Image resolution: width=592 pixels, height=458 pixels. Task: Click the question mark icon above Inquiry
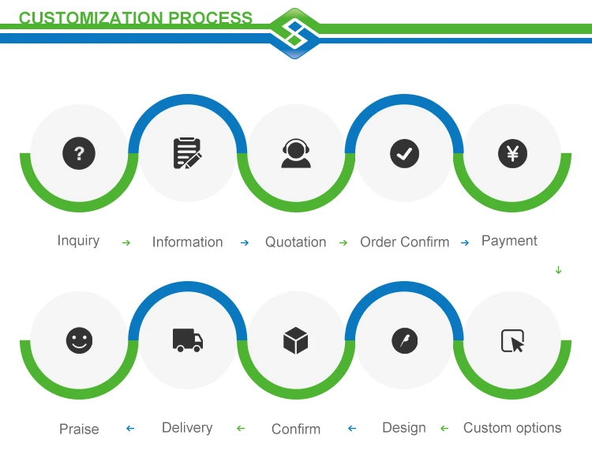click(79, 153)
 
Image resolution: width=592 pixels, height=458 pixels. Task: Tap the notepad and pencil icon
click(187, 153)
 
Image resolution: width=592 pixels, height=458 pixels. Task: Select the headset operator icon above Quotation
click(296, 153)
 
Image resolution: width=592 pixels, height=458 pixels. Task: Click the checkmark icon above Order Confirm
click(404, 153)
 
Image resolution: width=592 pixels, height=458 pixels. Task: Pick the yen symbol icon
click(512, 153)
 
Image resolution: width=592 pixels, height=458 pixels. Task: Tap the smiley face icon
click(79, 340)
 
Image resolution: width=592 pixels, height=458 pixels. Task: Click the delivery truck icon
click(187, 340)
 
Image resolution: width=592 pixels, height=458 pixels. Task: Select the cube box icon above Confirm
click(296, 340)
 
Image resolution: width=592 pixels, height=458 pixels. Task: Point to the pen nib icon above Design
click(404, 340)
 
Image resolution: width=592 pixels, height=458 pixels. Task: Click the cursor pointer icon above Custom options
click(512, 340)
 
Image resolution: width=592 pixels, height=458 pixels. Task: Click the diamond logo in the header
click(295, 32)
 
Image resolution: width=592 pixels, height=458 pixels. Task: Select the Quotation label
click(295, 242)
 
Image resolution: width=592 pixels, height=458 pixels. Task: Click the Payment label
click(509, 241)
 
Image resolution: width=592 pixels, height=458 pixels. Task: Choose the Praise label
click(79, 430)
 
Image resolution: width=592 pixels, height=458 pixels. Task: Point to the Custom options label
click(512, 428)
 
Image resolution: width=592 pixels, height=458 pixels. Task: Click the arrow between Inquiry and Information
click(126, 243)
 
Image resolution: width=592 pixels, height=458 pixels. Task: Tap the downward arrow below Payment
click(558, 270)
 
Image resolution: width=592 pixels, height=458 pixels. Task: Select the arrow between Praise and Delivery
click(130, 429)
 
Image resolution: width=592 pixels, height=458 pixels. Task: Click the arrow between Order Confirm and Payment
click(465, 243)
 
